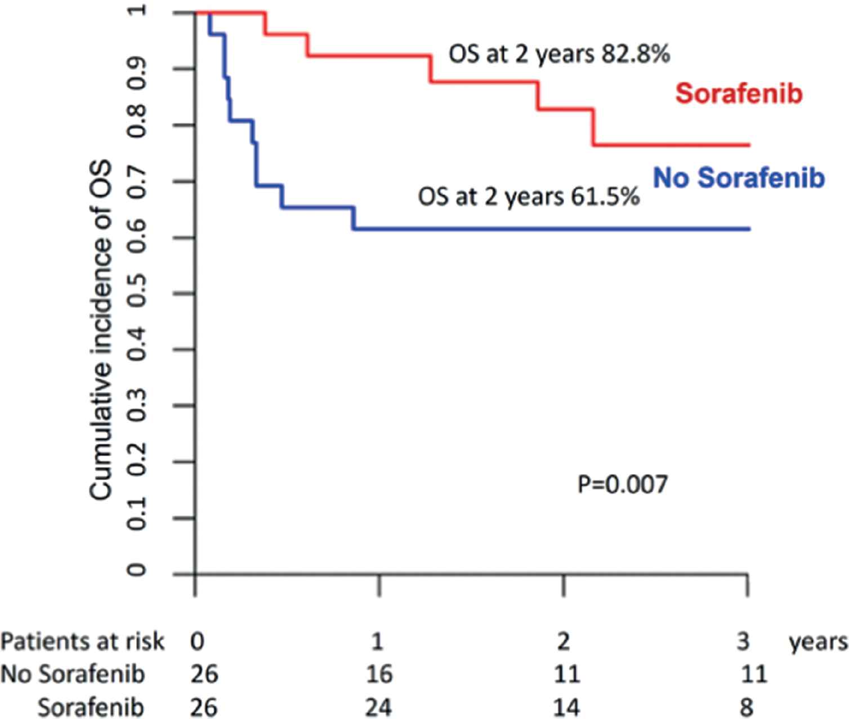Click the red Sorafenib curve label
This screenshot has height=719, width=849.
(x=739, y=93)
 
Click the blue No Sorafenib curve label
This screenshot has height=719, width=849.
(x=739, y=178)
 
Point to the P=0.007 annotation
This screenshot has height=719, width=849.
(x=623, y=484)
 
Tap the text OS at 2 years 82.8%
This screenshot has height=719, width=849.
(x=559, y=55)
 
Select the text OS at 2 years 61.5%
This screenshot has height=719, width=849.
(x=528, y=197)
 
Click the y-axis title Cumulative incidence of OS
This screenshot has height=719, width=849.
(x=101, y=331)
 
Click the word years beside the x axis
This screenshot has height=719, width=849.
(x=818, y=641)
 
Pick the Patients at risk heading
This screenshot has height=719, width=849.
(x=82, y=641)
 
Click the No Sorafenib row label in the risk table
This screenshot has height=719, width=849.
(x=73, y=674)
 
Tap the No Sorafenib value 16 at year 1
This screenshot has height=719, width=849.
(x=379, y=674)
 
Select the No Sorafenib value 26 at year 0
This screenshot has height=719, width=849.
(x=204, y=674)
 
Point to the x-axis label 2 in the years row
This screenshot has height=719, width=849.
(x=563, y=641)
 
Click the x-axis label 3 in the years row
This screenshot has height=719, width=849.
(x=744, y=641)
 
